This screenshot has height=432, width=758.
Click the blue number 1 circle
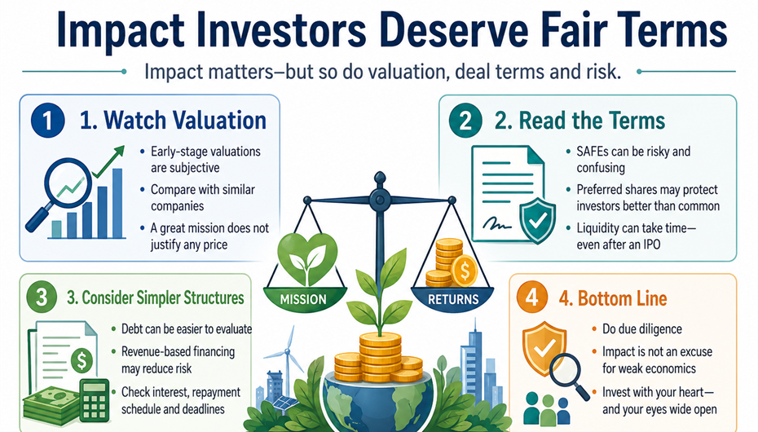[x=47, y=121]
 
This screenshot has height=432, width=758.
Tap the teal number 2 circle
[x=465, y=121]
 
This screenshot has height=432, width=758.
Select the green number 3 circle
[x=42, y=297]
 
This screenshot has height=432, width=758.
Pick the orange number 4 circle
[x=531, y=297]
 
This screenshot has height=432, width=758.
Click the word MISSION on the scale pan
[x=303, y=299]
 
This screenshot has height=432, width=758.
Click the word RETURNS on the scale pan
[x=453, y=299]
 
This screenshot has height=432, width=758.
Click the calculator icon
[x=95, y=400]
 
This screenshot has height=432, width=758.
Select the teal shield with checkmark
[x=537, y=222]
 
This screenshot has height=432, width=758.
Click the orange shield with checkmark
[x=544, y=348]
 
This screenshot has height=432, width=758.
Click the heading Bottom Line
[x=622, y=298]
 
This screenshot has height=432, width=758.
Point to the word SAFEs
[x=593, y=152]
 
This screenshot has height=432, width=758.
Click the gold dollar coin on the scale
[x=464, y=271]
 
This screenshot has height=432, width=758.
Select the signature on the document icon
[x=496, y=223]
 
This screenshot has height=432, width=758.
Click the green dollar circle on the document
[x=82, y=360]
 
